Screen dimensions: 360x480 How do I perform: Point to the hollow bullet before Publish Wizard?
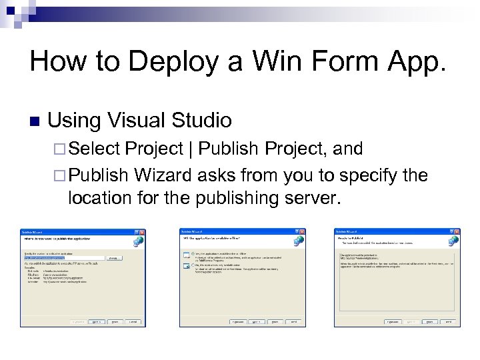(60, 175)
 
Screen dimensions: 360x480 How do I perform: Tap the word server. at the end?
(303, 198)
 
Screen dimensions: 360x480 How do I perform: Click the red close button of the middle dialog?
(302, 232)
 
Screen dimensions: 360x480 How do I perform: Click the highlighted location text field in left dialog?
(63, 257)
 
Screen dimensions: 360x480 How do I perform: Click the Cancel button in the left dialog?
(133, 321)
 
